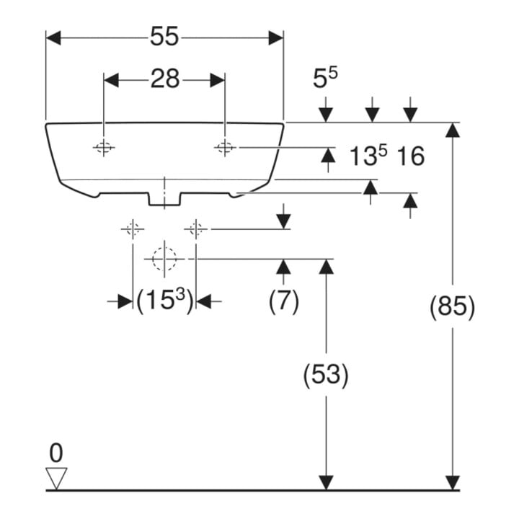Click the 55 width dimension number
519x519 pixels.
click(164, 36)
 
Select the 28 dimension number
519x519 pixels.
click(165, 79)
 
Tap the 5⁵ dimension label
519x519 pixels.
click(325, 78)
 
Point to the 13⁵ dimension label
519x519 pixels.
click(368, 156)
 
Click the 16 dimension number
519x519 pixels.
click(410, 156)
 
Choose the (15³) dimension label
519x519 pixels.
click(164, 301)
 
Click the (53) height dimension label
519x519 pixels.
click(326, 375)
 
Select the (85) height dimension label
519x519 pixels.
click(452, 307)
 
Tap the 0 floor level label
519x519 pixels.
click(56, 453)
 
